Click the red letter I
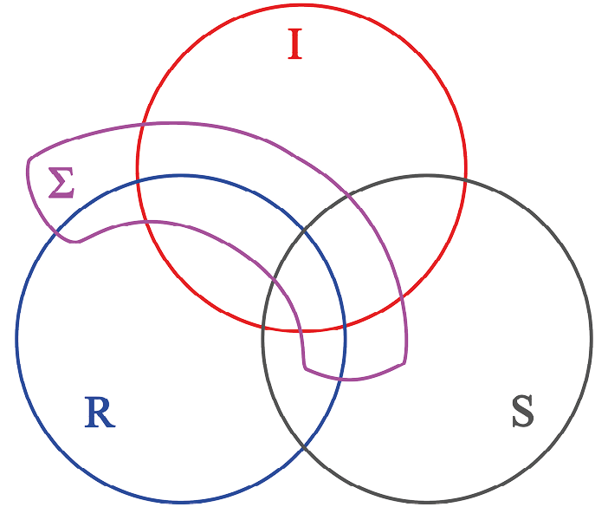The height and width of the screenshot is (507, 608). [x=294, y=44]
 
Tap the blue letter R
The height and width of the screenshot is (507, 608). [x=100, y=413]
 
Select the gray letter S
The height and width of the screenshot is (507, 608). [x=522, y=413]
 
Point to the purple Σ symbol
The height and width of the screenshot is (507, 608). [x=61, y=182]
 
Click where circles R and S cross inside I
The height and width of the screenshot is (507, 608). [x=304, y=227]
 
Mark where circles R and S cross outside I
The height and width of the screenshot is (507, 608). [x=304, y=450]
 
